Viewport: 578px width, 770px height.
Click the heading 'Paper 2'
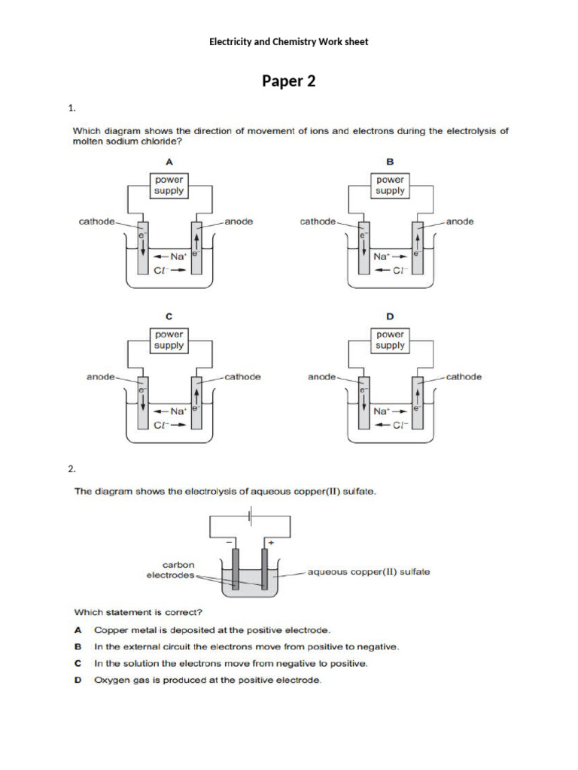click(288, 81)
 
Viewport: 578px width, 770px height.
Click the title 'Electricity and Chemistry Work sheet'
click(288, 42)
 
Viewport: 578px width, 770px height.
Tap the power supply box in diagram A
click(169, 185)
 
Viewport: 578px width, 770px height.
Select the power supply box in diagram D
click(390, 340)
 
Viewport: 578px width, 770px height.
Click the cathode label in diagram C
click(242, 377)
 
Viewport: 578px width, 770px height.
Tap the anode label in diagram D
click(321, 377)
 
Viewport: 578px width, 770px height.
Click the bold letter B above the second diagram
click(390, 162)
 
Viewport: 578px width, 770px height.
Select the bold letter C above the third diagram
click(169, 317)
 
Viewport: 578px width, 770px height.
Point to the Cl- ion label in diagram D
click(400, 426)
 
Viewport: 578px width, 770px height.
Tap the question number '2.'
click(72, 469)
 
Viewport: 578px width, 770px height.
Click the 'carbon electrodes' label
click(170, 570)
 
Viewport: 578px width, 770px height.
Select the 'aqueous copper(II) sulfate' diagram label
click(369, 571)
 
